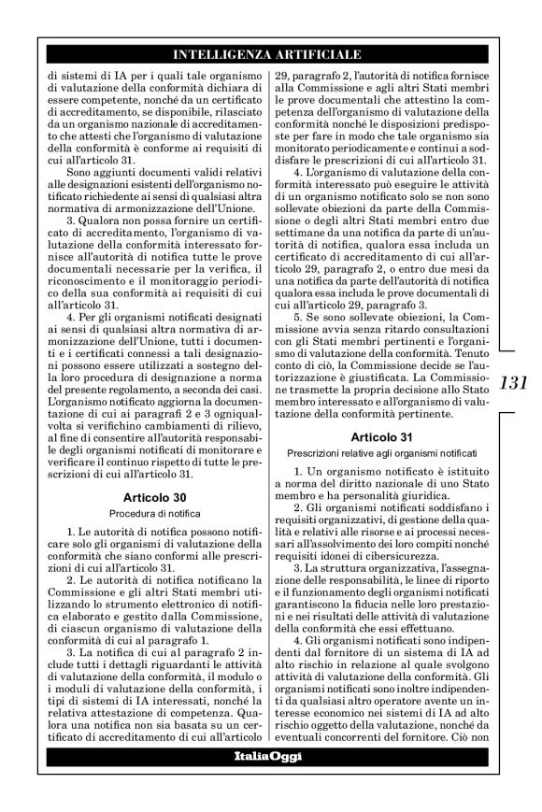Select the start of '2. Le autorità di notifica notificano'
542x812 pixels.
coord(75,582)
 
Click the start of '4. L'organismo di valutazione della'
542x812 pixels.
coord(303,174)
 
